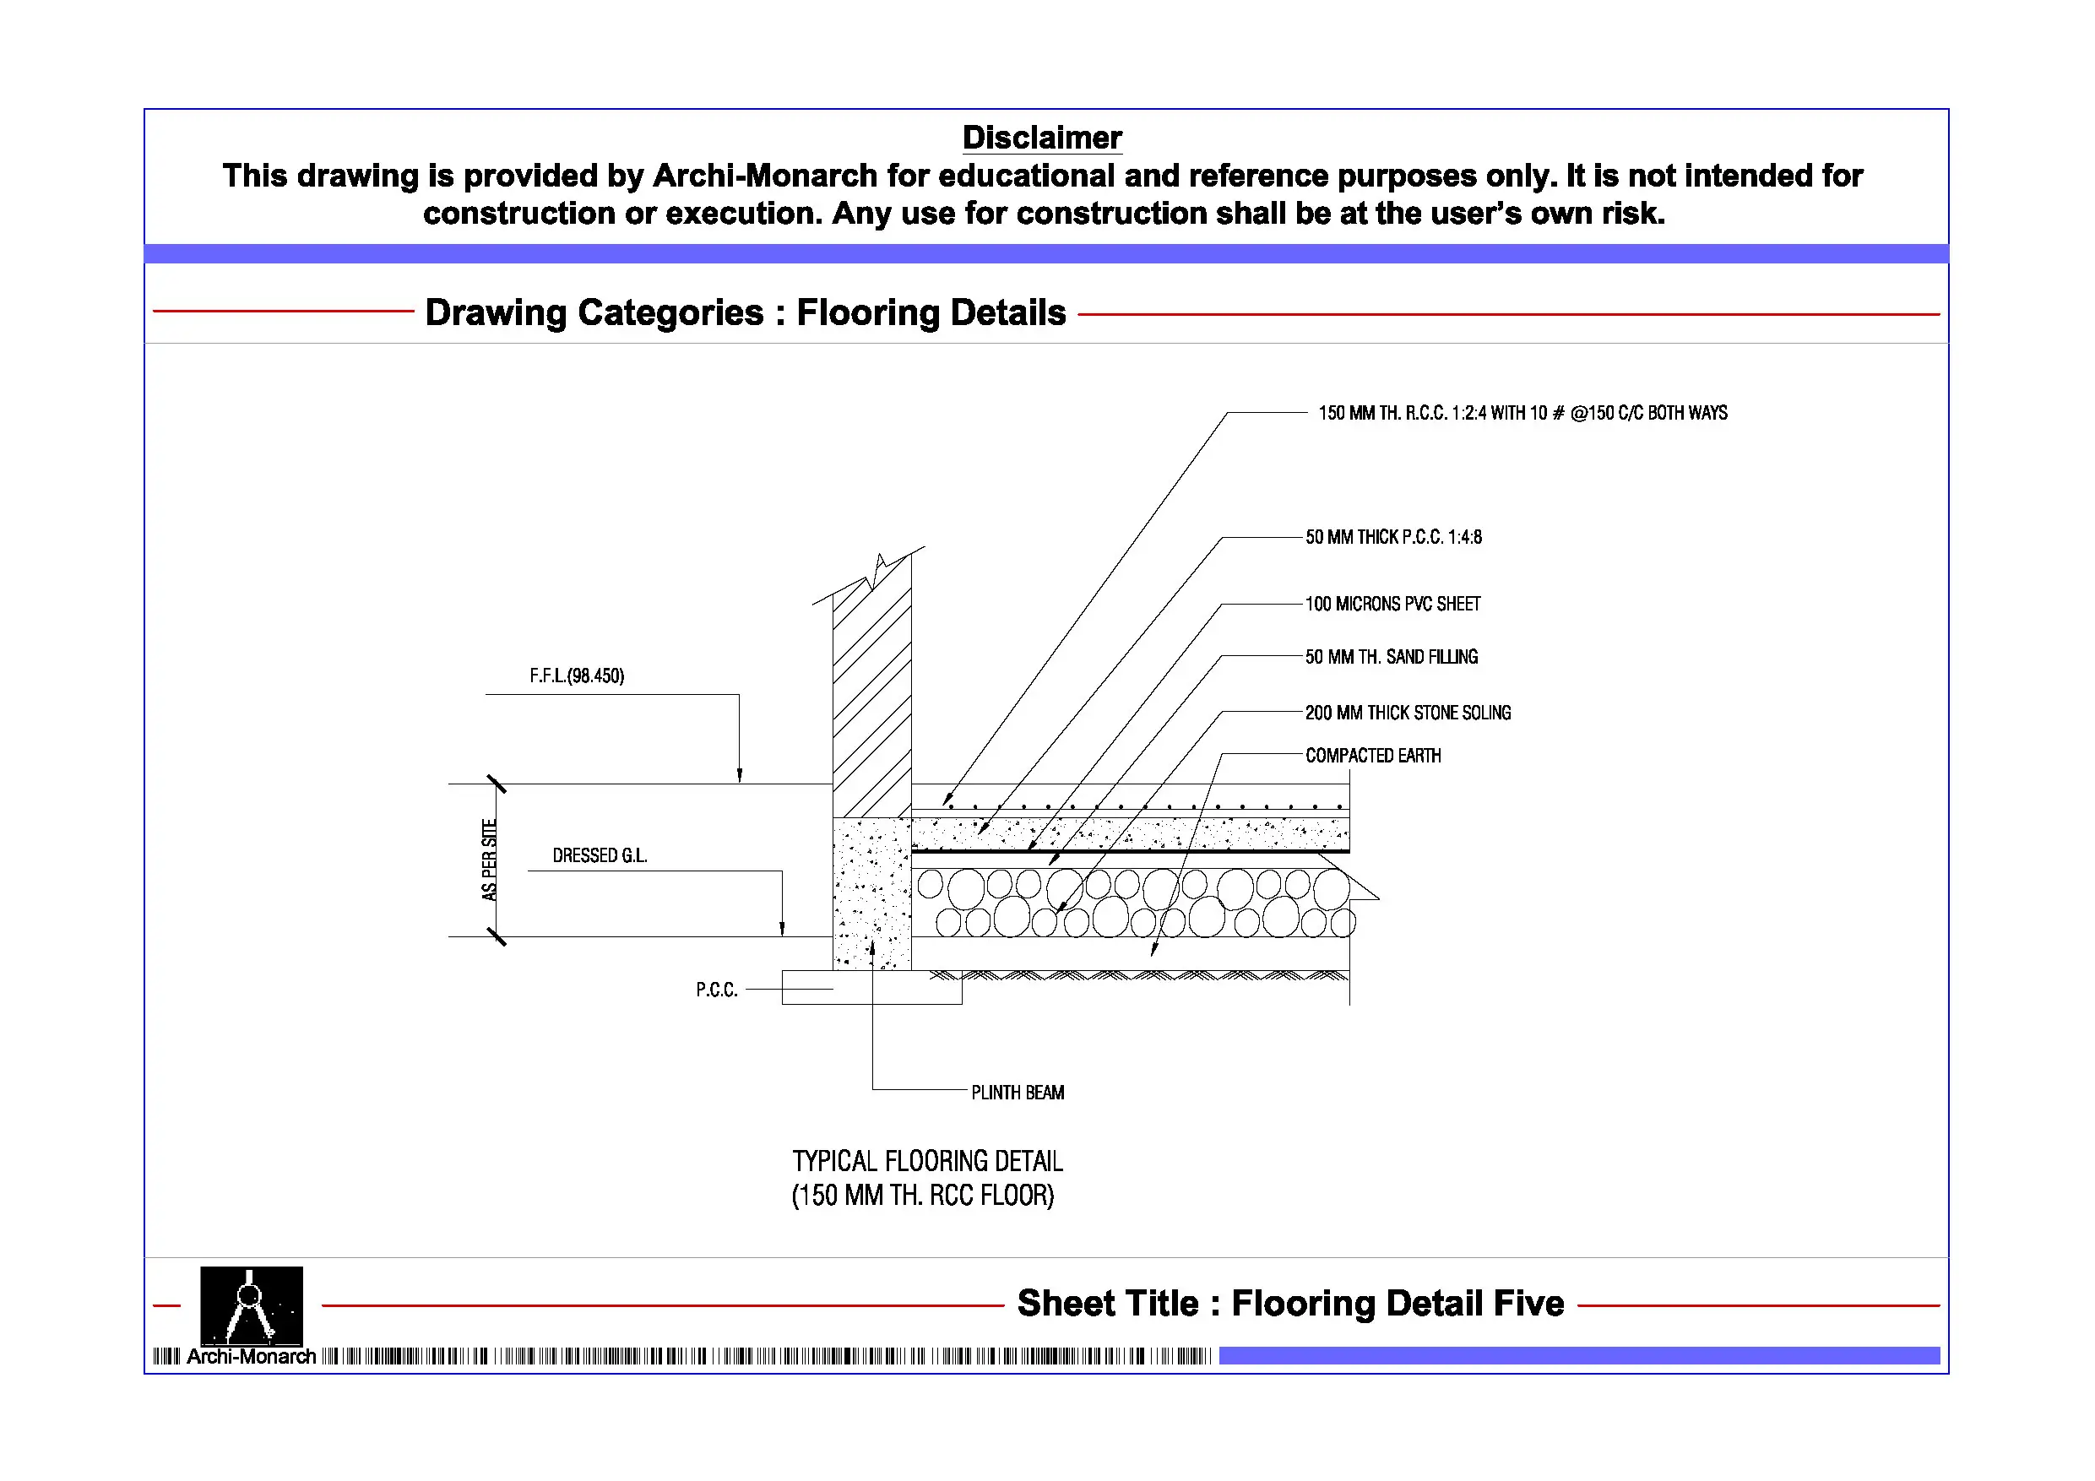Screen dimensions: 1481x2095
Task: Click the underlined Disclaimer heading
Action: coord(1041,138)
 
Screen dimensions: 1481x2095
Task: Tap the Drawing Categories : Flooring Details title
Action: coord(745,313)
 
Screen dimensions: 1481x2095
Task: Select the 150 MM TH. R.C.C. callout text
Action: coord(1522,414)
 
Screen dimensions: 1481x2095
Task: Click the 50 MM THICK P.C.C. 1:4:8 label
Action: coord(1392,538)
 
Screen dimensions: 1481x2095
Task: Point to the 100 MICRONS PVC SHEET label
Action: coord(1392,604)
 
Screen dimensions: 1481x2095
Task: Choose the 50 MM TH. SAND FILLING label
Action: coord(1391,657)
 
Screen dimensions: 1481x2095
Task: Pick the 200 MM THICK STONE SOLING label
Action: coord(1407,713)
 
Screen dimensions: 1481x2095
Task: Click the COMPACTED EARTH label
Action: coord(1372,756)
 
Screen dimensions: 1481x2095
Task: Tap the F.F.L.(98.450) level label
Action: coord(577,676)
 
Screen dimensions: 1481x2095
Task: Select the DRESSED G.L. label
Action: coord(600,856)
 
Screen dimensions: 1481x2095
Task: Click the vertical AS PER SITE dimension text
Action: coord(490,860)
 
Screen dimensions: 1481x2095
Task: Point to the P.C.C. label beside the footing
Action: coord(716,990)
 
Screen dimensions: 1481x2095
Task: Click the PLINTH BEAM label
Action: coord(1018,1093)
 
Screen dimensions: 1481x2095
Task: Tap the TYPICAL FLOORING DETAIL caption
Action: coord(927,1161)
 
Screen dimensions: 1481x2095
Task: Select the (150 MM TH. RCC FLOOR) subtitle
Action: coord(922,1196)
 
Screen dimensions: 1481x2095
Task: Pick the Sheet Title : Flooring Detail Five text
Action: coord(1290,1303)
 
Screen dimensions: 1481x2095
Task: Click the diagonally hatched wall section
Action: coord(871,703)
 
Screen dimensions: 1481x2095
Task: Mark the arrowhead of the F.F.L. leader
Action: coord(739,776)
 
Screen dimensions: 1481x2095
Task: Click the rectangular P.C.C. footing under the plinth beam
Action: coord(871,987)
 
